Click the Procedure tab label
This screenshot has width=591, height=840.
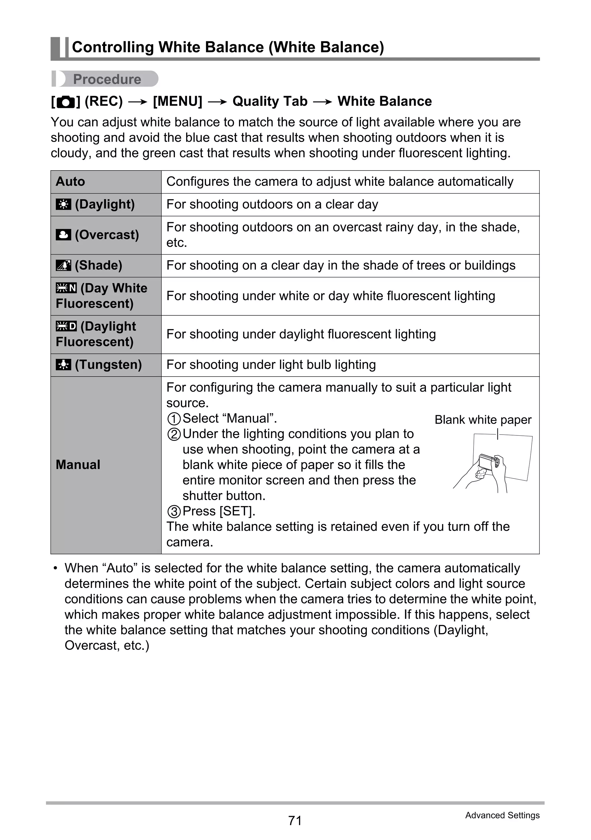coord(107,79)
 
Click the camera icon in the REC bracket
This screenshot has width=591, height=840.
coord(66,102)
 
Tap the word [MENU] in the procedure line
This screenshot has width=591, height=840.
coord(177,101)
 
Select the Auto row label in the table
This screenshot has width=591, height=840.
coord(70,182)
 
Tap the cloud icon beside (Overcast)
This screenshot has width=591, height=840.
coord(63,235)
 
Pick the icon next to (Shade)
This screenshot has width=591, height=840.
coord(63,265)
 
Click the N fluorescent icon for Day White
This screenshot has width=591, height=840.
coord(66,288)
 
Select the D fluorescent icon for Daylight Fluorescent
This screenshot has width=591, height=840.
coord(66,326)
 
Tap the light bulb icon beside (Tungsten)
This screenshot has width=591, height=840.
coord(63,365)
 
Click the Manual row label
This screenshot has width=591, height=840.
coord(78,465)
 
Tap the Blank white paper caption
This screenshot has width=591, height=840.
coord(483,420)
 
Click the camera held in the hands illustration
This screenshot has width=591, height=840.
coord(488,463)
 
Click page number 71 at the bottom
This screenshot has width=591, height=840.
coord(295,820)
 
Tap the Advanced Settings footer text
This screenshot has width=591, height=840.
coord(502,815)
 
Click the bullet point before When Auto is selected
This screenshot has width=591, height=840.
coord(55,568)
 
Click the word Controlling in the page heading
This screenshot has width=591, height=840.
coord(113,47)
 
